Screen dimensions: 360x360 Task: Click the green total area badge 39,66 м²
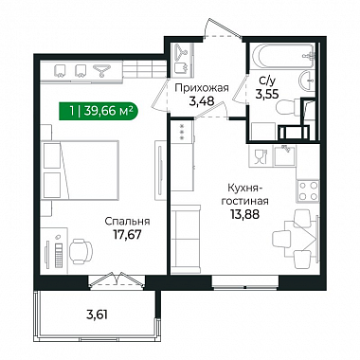(98, 111)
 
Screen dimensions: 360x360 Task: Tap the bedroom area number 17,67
(127, 234)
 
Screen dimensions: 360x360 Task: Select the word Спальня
(127, 222)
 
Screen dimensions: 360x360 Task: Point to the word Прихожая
(202, 88)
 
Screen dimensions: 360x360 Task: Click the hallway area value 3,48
(202, 101)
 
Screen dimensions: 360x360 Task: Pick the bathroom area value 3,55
(267, 94)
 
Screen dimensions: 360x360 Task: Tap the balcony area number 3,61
(97, 315)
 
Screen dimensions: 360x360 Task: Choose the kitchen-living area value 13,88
(244, 214)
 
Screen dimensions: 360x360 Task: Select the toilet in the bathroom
(288, 106)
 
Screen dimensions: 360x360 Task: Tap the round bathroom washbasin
(306, 81)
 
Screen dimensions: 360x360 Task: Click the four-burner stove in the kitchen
(308, 190)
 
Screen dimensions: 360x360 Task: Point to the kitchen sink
(284, 155)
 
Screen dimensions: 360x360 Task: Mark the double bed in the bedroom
(81, 170)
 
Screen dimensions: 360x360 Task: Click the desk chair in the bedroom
(81, 250)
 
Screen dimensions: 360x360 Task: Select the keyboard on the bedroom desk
(59, 255)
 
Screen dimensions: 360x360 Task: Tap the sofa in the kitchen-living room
(186, 239)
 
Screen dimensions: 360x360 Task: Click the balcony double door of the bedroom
(117, 280)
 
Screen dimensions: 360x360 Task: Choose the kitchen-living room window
(245, 281)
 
